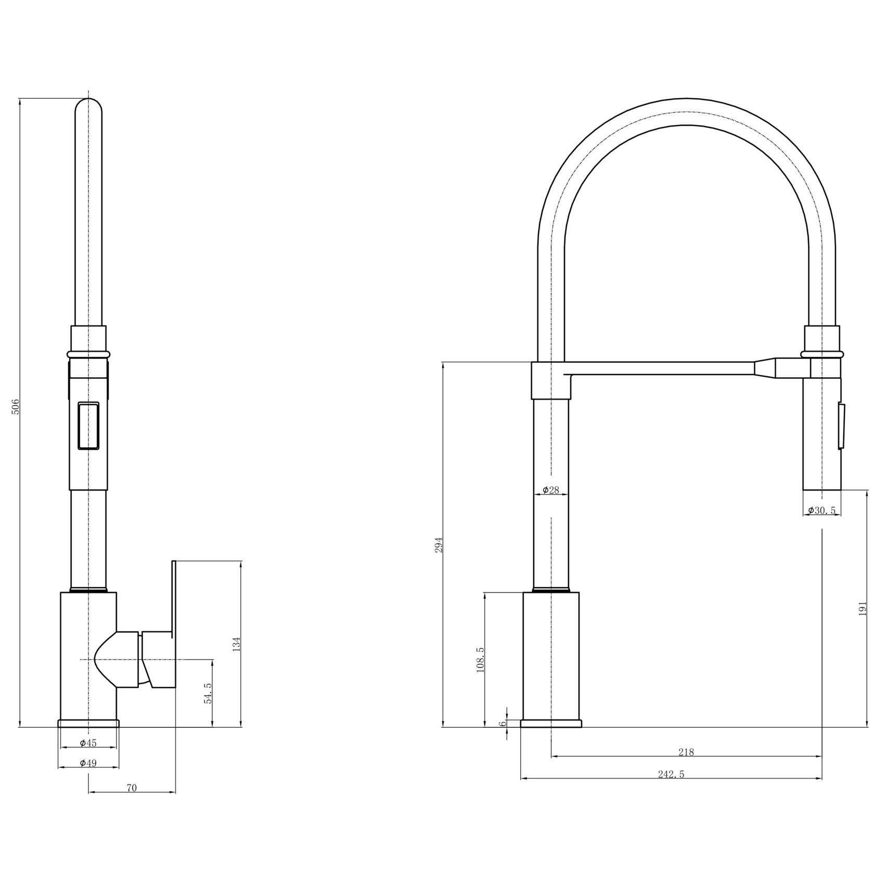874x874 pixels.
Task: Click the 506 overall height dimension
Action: click(x=16, y=406)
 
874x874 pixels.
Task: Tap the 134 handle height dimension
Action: click(x=237, y=645)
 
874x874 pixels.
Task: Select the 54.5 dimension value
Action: click(x=208, y=693)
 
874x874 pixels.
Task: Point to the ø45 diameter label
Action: click(x=88, y=743)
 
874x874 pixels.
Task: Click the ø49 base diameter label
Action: click(x=88, y=763)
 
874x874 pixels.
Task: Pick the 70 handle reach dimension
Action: click(x=132, y=788)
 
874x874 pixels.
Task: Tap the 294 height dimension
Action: click(x=439, y=544)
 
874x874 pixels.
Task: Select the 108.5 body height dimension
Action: click(x=480, y=660)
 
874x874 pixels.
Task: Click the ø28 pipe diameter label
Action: click(x=550, y=490)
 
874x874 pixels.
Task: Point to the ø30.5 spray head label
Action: click(x=822, y=510)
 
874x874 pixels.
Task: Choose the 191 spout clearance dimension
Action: click(x=863, y=609)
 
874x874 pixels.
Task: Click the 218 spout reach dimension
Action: click(x=686, y=752)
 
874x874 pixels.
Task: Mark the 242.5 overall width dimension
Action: click(x=671, y=774)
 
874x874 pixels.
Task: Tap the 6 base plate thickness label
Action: click(x=503, y=724)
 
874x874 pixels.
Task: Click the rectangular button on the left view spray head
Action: click(x=88, y=426)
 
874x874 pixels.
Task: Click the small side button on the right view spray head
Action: click(x=841, y=426)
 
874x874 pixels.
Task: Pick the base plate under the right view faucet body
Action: click(x=551, y=723)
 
